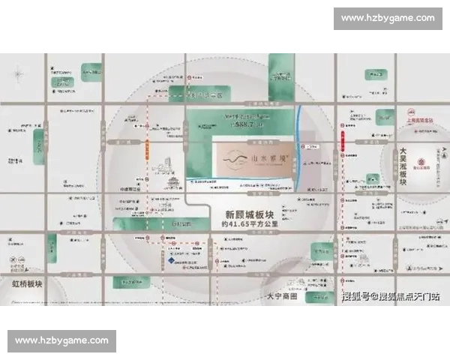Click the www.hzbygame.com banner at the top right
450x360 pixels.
point(387,18)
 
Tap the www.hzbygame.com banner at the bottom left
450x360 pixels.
point(62,341)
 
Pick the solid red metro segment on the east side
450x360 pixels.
point(343,139)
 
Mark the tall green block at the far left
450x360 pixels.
point(38,146)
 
